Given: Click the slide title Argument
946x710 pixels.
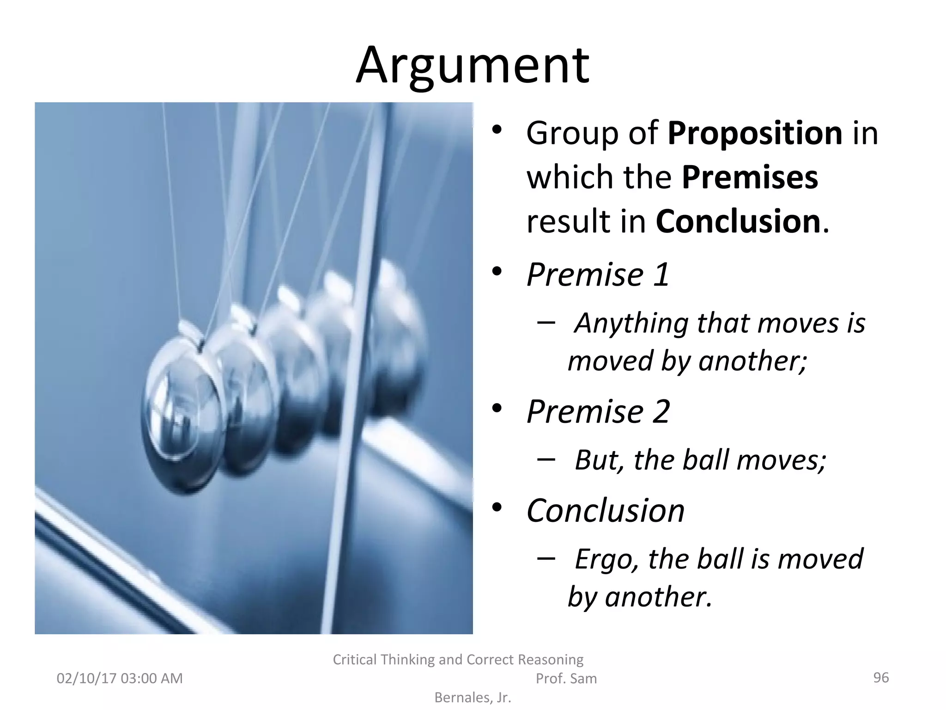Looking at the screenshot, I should pos(472,66).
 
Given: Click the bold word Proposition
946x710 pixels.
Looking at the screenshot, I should pos(755,134).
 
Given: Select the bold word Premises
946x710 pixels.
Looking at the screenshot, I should pos(750,177).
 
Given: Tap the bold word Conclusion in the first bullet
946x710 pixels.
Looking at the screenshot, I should pos(738,221).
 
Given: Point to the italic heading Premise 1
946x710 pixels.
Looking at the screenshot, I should pos(598,275).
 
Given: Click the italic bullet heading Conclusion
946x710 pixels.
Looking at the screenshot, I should pos(605,511).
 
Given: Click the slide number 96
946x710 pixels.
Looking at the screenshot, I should pos(881,678).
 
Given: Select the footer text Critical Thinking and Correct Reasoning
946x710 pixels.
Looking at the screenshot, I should pos(458,660).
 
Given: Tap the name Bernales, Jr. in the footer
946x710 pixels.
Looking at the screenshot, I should pos(473,698).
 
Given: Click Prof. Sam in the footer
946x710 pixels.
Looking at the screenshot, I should pos(566,679).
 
